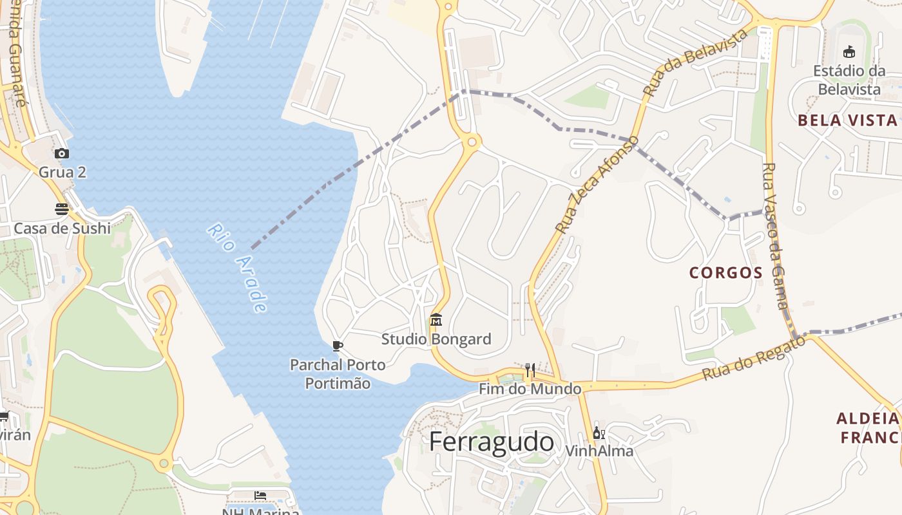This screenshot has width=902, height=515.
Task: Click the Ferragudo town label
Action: click(491, 442)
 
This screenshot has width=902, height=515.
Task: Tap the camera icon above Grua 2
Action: click(62, 153)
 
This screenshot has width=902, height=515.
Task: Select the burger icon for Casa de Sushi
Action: click(62, 209)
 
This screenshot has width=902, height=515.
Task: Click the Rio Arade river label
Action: click(238, 268)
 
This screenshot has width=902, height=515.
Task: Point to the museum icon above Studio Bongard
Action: click(436, 320)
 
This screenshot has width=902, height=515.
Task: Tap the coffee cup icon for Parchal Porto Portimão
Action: click(337, 346)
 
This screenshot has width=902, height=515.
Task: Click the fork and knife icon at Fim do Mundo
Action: click(530, 370)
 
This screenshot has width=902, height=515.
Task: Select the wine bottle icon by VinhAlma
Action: click(598, 433)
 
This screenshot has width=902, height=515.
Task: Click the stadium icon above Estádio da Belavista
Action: click(849, 52)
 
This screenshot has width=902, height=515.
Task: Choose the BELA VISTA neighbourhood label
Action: click(847, 120)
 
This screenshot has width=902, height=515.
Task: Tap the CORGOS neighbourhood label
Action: click(726, 272)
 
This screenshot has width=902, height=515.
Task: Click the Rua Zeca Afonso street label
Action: click(597, 184)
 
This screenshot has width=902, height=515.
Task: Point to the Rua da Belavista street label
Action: click(696, 62)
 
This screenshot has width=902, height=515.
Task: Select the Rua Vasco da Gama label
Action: click(775, 236)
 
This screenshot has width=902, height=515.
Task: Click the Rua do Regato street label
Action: click(754, 358)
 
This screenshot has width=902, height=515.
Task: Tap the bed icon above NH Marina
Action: click(260, 495)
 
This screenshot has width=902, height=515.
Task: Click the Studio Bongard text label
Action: click(436, 339)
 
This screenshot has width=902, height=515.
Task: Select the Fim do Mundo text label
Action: click(530, 389)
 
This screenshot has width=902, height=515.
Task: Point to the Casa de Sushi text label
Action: click(62, 229)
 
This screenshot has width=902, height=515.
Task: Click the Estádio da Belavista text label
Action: click(849, 80)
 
